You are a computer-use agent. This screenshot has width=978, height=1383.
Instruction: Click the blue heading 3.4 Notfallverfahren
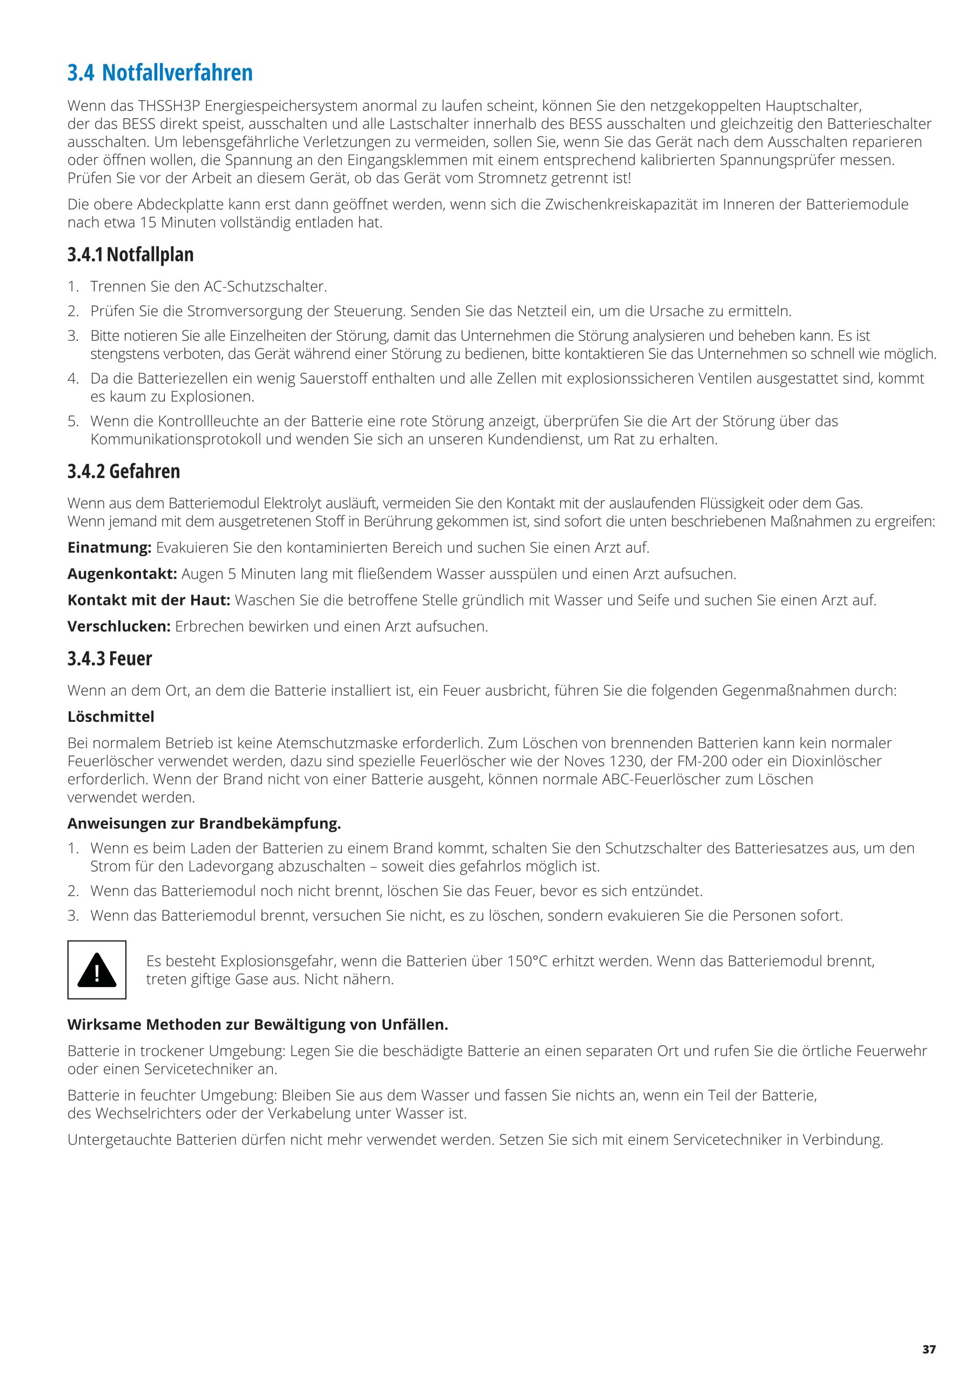160,73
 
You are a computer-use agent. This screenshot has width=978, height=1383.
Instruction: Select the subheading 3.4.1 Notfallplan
130,255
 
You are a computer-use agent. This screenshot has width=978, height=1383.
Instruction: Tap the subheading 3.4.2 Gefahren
124,471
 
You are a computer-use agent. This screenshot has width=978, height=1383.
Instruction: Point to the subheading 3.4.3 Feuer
110,659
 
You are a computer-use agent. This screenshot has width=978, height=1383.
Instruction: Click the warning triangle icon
96,970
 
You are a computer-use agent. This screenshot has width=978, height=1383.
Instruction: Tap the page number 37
929,1332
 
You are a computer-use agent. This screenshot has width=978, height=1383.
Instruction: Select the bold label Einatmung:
109,548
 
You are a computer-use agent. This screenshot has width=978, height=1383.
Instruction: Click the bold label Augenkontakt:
122,574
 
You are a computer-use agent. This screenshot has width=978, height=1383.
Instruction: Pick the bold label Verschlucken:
119,627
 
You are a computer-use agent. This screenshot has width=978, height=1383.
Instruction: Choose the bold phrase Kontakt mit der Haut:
149,601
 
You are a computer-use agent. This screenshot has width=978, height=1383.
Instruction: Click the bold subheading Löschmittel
111,717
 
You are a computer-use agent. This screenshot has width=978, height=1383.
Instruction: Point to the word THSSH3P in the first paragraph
169,106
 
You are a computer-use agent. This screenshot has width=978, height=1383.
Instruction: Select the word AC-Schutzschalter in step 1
265,287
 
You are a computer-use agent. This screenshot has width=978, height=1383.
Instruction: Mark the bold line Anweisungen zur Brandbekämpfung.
204,823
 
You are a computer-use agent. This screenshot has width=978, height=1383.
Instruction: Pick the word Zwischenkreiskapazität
624,205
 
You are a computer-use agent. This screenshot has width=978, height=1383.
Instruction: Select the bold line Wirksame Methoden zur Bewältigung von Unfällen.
258,1025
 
